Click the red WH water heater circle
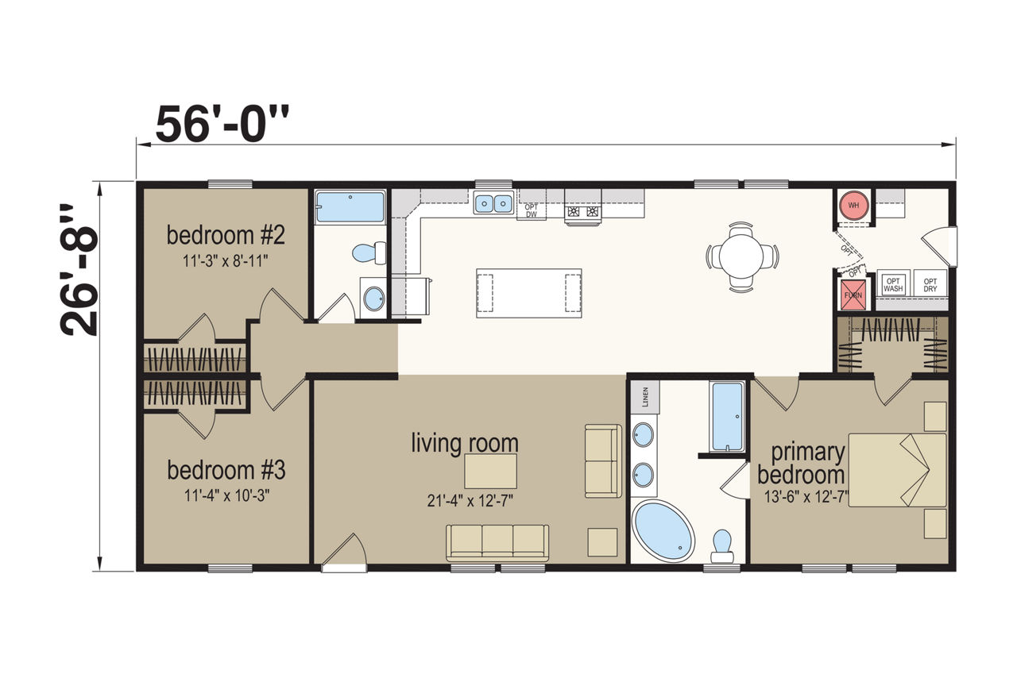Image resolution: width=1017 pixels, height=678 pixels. pyautogui.click(x=853, y=206)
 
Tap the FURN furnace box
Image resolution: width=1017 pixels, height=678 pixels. pyautogui.click(x=853, y=295)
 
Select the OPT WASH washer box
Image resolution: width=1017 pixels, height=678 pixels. pyautogui.click(x=892, y=284)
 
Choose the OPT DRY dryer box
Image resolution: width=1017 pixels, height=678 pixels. pyautogui.click(x=930, y=284)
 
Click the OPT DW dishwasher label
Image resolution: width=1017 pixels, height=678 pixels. pyautogui.click(x=531, y=210)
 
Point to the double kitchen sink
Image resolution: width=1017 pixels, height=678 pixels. pyautogui.click(x=493, y=202)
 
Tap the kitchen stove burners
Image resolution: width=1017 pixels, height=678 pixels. pyautogui.click(x=583, y=211)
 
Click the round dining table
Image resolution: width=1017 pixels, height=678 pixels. pyautogui.click(x=741, y=256)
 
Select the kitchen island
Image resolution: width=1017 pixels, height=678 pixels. pyautogui.click(x=529, y=293)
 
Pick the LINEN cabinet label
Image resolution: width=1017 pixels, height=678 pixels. pyautogui.click(x=645, y=398)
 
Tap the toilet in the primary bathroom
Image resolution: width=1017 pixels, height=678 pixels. pyautogui.click(x=722, y=546)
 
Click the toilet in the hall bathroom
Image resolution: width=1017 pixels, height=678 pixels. pyautogui.click(x=369, y=253)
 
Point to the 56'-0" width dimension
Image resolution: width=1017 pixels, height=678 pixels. pyautogui.click(x=222, y=123)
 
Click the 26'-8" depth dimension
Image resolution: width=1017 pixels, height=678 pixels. pyautogui.click(x=79, y=270)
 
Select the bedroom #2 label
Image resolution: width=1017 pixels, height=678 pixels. pyautogui.click(x=226, y=235)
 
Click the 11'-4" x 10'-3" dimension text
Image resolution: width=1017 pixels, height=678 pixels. pyautogui.click(x=226, y=495)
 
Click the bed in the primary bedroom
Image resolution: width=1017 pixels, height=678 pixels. pyautogui.click(x=898, y=470)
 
